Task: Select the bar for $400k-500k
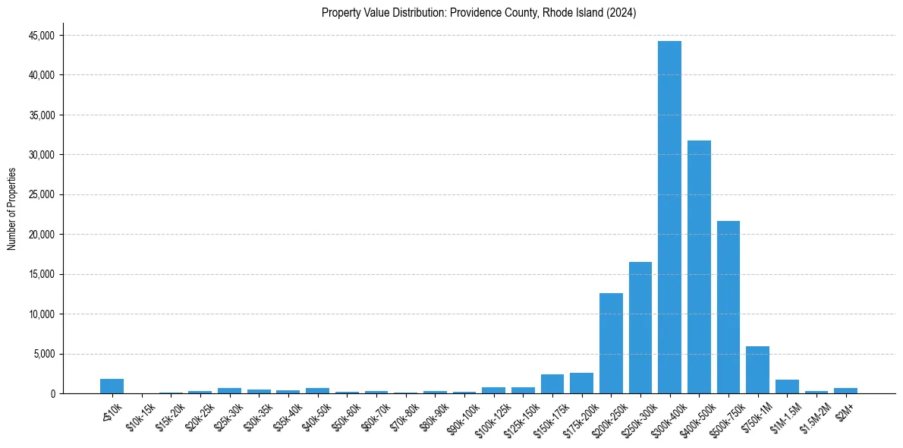[x=699, y=267]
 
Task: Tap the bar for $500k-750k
[x=728, y=307]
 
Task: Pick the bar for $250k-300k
[x=640, y=327]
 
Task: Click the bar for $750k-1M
[x=757, y=370]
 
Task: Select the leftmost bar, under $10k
[x=112, y=386]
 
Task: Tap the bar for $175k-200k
[x=581, y=383]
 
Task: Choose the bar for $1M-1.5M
[x=787, y=386]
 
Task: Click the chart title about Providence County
[x=479, y=13]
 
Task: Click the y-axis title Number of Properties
[x=12, y=208]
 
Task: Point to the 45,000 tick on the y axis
[x=41, y=36]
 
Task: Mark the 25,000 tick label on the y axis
[x=41, y=194]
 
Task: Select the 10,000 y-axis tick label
[x=41, y=314]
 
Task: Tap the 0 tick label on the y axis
[x=52, y=393]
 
